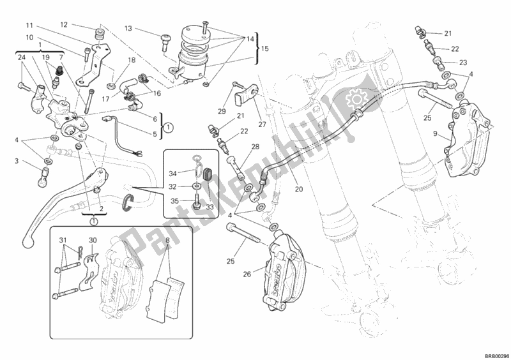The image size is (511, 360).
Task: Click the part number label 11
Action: (29, 26)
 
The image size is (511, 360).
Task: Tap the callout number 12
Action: (64, 25)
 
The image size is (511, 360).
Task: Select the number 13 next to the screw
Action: (128, 29)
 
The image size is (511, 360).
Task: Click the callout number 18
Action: (132, 61)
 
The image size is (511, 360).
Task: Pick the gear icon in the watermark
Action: (354, 100)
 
